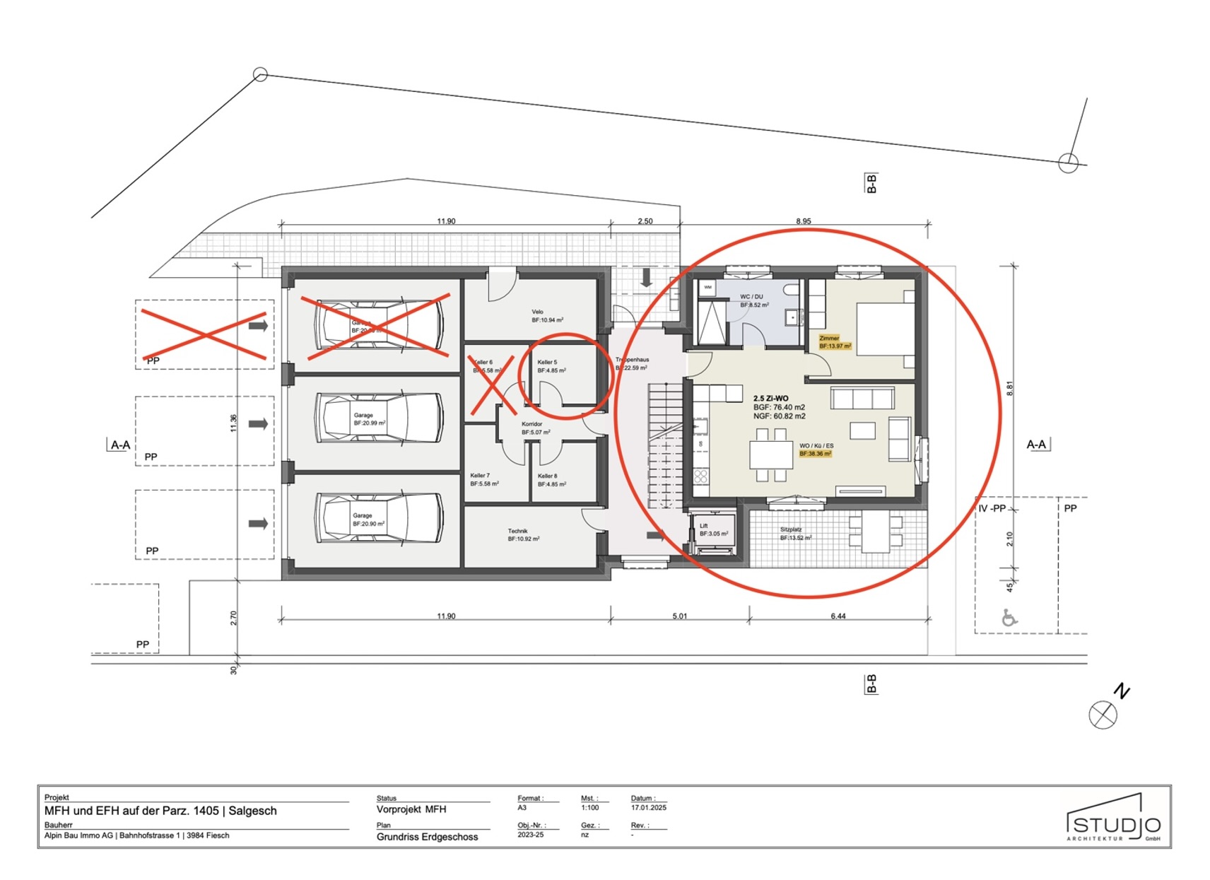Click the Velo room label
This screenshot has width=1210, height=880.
(x=538, y=312)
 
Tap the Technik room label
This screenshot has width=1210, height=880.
(x=517, y=531)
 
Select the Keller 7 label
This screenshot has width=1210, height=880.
(x=480, y=476)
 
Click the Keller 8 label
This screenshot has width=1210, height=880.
(x=547, y=476)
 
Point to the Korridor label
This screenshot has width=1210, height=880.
(x=531, y=424)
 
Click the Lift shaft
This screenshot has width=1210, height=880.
(x=713, y=532)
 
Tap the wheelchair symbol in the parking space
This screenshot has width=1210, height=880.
(x=1009, y=618)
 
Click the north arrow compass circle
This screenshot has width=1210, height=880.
(x=1103, y=715)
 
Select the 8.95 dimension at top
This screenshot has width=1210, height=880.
(x=804, y=221)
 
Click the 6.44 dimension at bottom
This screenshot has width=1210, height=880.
(x=838, y=616)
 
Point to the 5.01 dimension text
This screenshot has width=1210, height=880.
(x=679, y=616)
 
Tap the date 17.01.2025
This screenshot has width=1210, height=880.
(x=648, y=807)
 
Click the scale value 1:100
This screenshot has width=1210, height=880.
(x=589, y=807)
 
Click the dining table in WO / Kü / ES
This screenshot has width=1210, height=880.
(x=771, y=454)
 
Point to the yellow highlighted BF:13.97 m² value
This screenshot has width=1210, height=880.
(x=835, y=346)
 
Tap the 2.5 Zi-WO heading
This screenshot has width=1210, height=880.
(x=770, y=399)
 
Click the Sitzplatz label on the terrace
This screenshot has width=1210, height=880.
(x=791, y=529)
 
